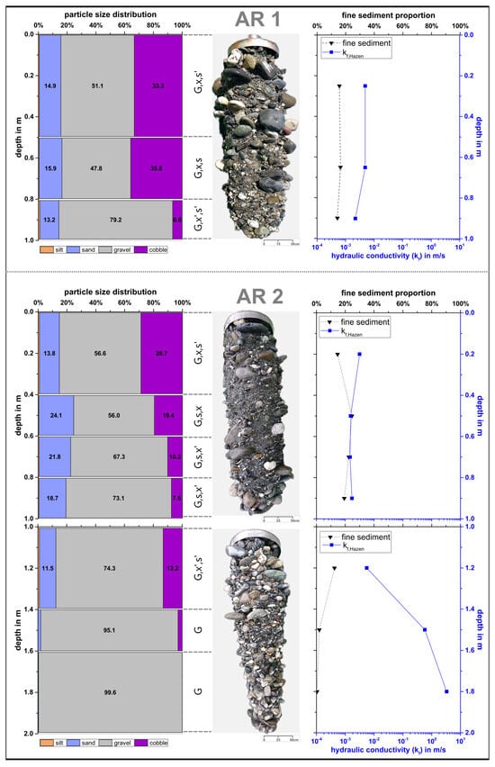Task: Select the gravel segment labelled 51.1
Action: pyautogui.click(x=97, y=85)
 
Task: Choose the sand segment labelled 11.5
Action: pyautogui.click(x=47, y=568)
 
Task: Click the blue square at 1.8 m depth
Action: pyautogui.click(x=446, y=691)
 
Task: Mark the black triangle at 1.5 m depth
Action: pyautogui.click(x=319, y=629)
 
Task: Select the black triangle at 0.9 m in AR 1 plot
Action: pyautogui.click(x=337, y=218)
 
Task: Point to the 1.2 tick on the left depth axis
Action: pyautogui.click(x=28, y=568)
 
